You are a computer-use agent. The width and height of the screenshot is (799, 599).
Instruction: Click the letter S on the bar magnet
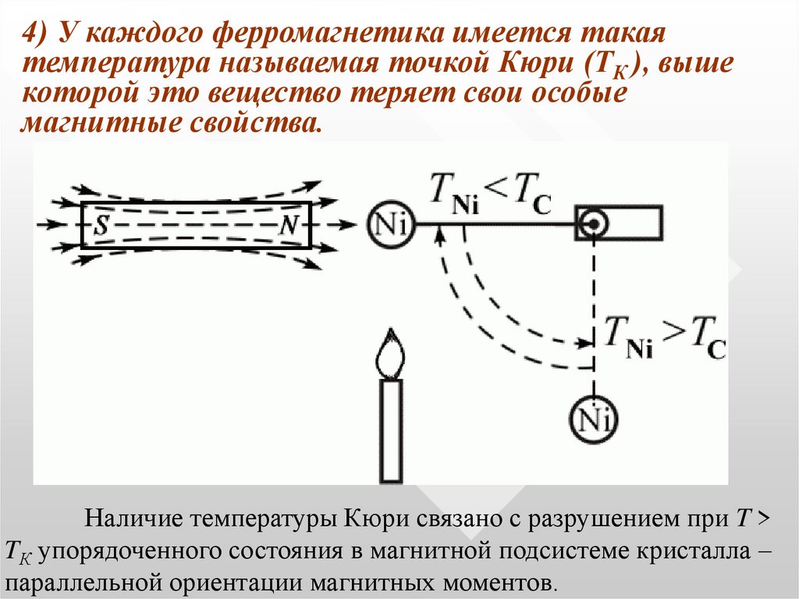(101, 226)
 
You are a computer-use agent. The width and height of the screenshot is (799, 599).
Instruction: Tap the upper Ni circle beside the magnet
(389, 225)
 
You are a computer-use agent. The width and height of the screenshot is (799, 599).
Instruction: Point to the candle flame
(390, 355)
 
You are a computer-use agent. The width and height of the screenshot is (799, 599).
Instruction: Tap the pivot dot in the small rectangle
(594, 224)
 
